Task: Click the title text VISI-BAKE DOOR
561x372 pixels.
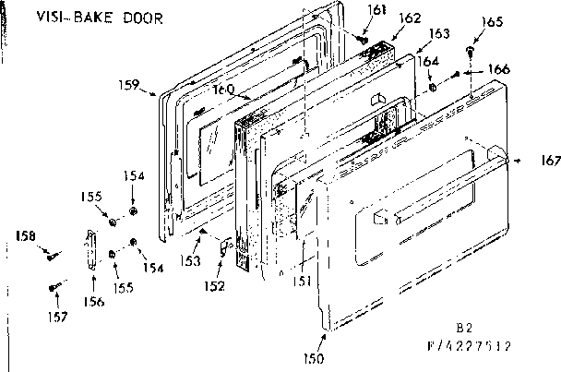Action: (x=90, y=18)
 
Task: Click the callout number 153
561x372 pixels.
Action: (x=190, y=261)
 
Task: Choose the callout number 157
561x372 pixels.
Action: (x=58, y=318)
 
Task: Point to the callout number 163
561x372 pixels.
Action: (x=439, y=33)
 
